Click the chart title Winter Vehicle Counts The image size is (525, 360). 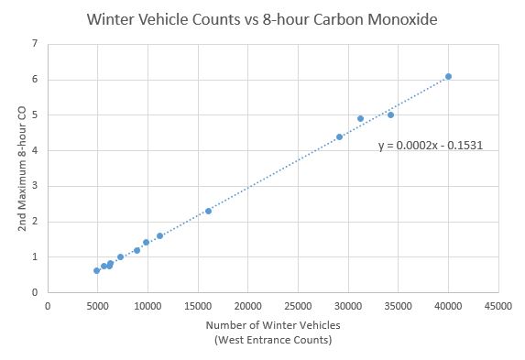pyautogui.click(x=262, y=18)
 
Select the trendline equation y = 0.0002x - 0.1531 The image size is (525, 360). pyautogui.click(x=430, y=145)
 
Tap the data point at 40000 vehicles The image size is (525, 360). pyautogui.click(x=448, y=76)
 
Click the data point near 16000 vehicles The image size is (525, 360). pyautogui.click(x=208, y=211)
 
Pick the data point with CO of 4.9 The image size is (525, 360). pyautogui.click(x=360, y=118)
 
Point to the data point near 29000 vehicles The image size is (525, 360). pyautogui.click(x=339, y=136)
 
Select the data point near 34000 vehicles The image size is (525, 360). pyautogui.click(x=390, y=115)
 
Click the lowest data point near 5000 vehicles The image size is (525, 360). pyautogui.click(x=96, y=270)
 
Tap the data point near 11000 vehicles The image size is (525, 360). pyautogui.click(x=159, y=235)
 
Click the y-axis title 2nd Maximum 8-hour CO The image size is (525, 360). pyautogui.click(x=21, y=168)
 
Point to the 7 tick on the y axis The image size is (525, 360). pyautogui.click(x=35, y=43)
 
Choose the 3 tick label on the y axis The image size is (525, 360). pyautogui.click(x=35, y=186)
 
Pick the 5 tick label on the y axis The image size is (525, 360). pyautogui.click(x=35, y=115)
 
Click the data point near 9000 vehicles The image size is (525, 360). pyautogui.click(x=137, y=250)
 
